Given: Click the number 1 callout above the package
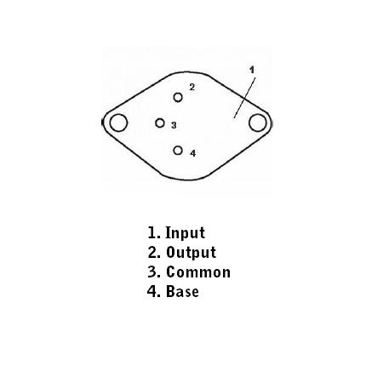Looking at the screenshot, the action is (x=252, y=70).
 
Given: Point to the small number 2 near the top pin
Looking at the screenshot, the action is (x=192, y=87).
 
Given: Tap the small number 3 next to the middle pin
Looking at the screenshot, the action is (x=174, y=125).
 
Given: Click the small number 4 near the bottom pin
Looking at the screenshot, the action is (x=193, y=153).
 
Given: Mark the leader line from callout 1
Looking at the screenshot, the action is (x=244, y=98).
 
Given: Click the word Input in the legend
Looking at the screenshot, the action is (x=185, y=233).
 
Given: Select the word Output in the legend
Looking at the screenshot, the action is (x=191, y=253).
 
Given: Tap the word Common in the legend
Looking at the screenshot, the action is (x=198, y=272).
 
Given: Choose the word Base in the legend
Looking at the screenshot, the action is (x=182, y=291).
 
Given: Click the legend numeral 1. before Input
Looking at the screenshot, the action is (x=154, y=232).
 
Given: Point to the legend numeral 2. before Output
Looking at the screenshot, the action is (x=154, y=252).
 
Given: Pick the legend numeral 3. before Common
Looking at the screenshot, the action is (x=154, y=272).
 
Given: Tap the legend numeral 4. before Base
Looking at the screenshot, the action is (x=154, y=291).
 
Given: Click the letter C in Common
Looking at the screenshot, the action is (x=170, y=272).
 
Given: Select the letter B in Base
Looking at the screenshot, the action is (x=170, y=291).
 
